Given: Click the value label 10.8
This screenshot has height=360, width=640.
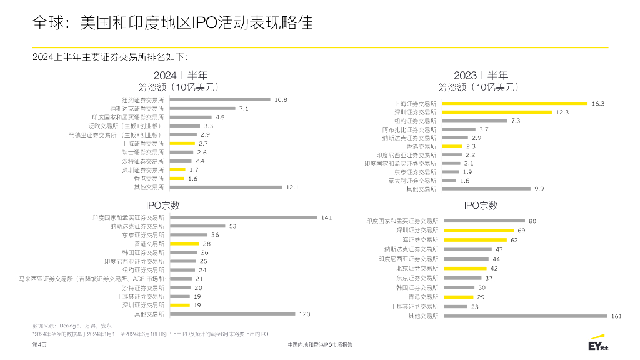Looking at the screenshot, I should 281,99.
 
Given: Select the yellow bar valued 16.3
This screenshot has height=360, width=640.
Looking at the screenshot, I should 515,103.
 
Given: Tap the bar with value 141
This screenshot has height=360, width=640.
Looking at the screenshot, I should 244,217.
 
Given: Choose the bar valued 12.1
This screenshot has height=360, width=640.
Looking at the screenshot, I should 226,187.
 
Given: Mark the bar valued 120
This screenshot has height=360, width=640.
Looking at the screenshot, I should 232,314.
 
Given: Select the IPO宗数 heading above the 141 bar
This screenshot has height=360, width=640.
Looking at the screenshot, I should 163,204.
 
